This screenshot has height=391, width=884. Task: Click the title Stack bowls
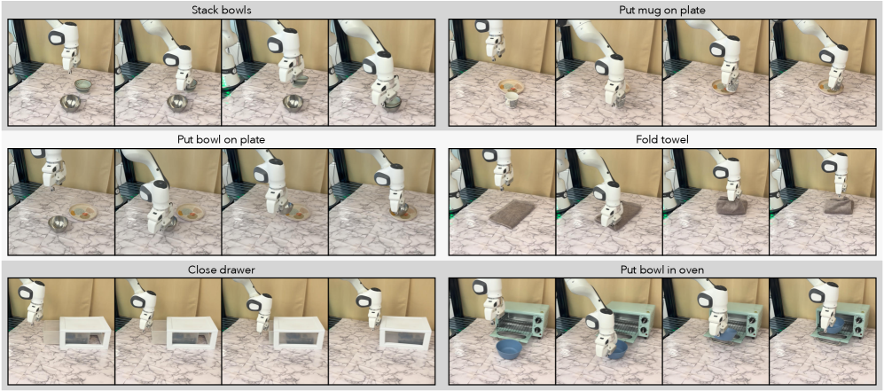point(221,10)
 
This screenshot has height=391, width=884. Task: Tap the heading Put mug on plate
point(665,10)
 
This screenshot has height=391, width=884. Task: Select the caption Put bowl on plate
point(221,140)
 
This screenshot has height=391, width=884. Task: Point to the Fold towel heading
point(665,140)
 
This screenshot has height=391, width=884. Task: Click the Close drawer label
point(221,270)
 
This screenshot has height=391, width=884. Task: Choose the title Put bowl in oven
point(665,270)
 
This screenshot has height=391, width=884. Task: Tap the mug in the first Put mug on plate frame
point(512,99)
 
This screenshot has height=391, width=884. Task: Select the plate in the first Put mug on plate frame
point(512,87)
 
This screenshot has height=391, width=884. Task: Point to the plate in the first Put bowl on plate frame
point(83,212)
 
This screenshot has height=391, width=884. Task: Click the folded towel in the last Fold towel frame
point(838,205)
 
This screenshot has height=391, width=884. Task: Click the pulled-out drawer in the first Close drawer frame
point(51,333)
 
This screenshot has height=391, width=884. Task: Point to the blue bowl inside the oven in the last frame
point(835,325)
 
